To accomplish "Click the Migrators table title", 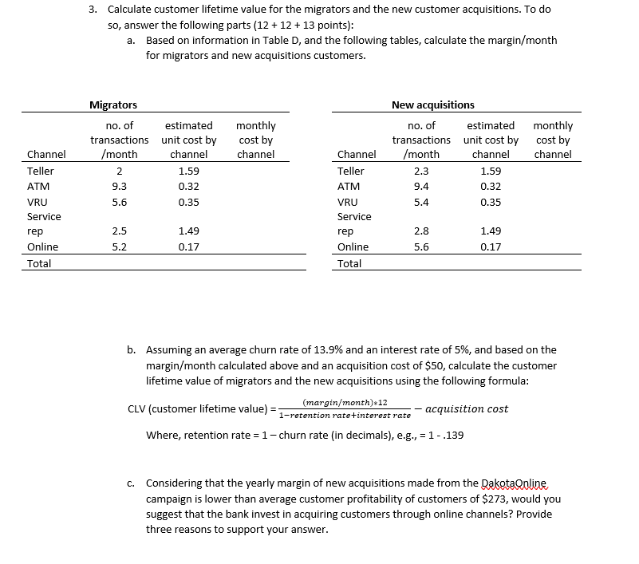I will point(112,105).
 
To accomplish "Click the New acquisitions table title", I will point(432,105).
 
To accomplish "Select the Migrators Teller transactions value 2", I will point(118,171).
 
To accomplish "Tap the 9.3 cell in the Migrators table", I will point(118,186).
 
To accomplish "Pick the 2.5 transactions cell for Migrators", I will point(118,231).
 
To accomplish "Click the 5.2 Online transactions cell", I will point(118,247).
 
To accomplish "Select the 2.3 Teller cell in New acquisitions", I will point(421,171).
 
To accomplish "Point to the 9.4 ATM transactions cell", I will point(421,186).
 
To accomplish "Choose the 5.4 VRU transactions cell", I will point(421,201).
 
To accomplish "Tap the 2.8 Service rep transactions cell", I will point(421,231).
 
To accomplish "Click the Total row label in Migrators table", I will point(39,263).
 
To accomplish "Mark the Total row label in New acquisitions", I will point(349,263).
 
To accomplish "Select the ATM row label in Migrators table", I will point(38,186).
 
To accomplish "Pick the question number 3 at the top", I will point(93,10).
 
